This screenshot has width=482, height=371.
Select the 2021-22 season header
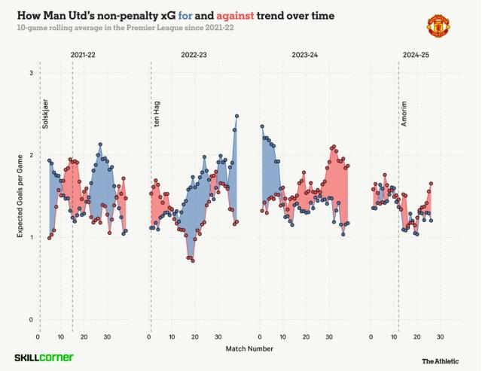coord(83,56)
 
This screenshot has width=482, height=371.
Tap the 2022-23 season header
coord(194,56)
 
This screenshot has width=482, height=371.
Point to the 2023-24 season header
coord(304,56)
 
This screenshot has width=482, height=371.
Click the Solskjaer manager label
coord(45,113)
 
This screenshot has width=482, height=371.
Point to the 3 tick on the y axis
coord(31,73)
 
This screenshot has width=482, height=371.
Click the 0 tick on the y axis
coord(31,320)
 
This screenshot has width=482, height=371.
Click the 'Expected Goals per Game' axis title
coord(19,196)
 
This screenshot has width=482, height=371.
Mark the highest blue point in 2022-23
coord(236,116)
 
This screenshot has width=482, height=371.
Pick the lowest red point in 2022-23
coord(193,261)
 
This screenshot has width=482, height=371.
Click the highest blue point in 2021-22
coord(100,144)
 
